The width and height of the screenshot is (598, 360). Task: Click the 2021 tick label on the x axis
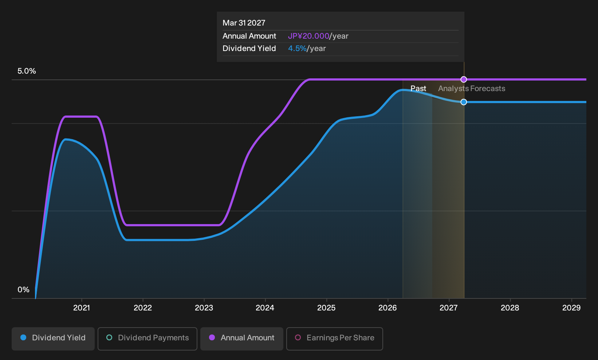(82, 308)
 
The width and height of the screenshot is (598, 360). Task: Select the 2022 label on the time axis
(142, 308)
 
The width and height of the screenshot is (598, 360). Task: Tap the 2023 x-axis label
(204, 308)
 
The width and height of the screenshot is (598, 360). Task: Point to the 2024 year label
(265, 308)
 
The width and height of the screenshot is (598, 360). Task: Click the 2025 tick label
(326, 308)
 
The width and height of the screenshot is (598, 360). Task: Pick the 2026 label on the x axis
(387, 308)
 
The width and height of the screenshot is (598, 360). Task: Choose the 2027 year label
(449, 308)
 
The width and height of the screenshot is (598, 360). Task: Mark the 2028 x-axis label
(510, 308)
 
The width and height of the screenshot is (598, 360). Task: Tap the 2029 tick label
(571, 308)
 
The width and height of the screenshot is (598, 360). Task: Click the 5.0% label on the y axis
(27, 71)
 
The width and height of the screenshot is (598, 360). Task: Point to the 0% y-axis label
(24, 290)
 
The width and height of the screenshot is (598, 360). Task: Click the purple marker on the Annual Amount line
(464, 79)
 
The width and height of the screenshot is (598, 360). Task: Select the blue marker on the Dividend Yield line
(464, 102)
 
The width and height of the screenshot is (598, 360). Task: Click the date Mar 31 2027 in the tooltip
(244, 23)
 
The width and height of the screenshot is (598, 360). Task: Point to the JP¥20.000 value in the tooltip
(308, 36)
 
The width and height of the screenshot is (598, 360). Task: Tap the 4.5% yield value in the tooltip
(298, 48)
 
